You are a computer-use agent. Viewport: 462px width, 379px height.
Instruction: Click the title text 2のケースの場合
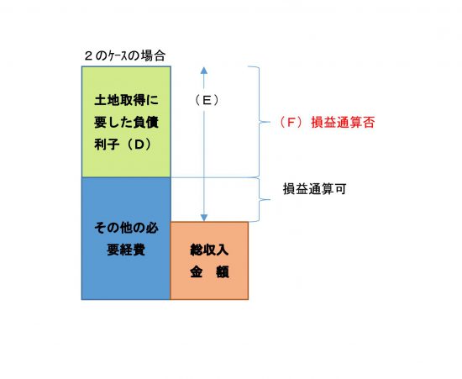pos(124,55)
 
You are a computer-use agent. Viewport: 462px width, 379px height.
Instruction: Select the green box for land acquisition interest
pos(126,122)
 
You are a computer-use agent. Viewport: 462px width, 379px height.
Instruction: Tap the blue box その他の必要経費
pos(126,239)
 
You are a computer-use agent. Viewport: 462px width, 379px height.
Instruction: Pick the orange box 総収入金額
pos(209,261)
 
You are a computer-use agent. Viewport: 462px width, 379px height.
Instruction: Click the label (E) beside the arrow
pos(207,101)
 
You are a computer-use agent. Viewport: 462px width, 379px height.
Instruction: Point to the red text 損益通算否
pos(343,123)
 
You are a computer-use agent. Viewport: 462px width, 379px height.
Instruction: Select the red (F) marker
pos(291,123)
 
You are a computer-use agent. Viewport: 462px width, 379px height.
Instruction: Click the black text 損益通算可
pos(314,189)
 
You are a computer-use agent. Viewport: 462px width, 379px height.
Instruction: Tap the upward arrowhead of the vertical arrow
pos(204,70)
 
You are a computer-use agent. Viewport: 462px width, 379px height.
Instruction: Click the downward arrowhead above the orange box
pos(204,218)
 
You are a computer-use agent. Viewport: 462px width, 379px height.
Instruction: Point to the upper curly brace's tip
pos(270,122)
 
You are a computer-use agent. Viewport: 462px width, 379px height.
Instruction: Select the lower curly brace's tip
pos(270,199)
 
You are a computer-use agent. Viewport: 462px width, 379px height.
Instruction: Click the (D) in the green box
pos(139,145)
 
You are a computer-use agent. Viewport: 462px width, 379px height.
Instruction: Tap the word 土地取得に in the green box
pos(126,100)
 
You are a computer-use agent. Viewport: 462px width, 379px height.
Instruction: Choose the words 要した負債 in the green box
pos(126,123)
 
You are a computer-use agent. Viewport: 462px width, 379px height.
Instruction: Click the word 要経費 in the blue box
pos(126,250)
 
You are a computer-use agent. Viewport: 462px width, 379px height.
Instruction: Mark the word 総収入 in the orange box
pos(209,250)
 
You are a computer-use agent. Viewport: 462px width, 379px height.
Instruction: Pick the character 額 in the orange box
pos(223,272)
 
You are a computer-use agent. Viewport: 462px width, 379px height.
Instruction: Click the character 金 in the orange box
pos(197,272)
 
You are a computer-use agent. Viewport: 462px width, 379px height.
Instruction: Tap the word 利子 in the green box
pos(107,145)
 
